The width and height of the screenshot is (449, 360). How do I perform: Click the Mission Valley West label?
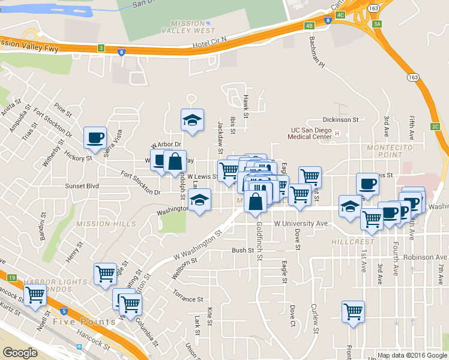[x=192, y=27]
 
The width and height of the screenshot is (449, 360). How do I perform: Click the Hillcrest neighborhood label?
[x=352, y=241]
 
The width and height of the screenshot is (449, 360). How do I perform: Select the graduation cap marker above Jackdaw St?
[x=193, y=120]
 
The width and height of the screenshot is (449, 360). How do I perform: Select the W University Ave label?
[x=300, y=223]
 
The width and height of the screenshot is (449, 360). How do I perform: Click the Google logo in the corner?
[x=20, y=353]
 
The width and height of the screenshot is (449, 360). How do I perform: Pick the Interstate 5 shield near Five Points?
[x=64, y=311]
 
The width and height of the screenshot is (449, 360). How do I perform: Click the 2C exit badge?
[x=435, y=126]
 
